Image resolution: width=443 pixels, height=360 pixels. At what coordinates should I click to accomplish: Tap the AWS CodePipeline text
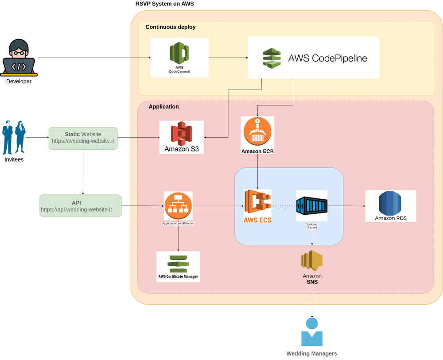coord(327,58)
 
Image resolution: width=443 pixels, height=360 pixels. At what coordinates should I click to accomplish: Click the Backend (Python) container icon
coord(312,205)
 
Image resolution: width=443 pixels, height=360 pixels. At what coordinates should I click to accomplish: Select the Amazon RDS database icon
coord(390,203)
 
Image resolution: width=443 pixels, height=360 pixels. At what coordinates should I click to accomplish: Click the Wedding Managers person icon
coord(312,332)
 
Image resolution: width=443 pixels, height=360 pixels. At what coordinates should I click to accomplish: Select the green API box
coord(80,206)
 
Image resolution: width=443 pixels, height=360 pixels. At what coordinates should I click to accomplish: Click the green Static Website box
coord(83,138)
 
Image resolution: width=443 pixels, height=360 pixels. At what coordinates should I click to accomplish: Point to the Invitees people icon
coord(14,137)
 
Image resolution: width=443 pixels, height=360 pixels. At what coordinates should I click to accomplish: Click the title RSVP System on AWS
coord(164,4)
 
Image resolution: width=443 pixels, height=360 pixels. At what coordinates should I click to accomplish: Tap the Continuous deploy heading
coord(171,27)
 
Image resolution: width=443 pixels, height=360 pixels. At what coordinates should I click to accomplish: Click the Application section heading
coord(164,107)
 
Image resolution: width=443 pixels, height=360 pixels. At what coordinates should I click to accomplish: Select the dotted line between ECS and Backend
coord(284,206)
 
